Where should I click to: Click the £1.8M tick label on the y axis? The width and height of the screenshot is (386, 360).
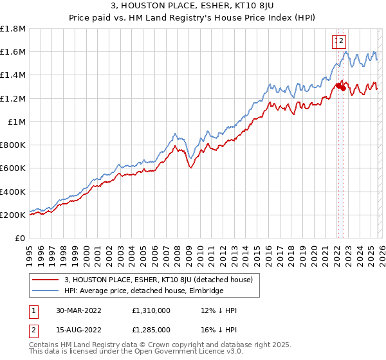(13, 29)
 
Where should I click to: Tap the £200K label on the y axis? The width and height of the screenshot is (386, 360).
(13, 215)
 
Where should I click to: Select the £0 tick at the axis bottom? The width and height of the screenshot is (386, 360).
(21, 239)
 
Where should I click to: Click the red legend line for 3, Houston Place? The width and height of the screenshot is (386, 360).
(45, 280)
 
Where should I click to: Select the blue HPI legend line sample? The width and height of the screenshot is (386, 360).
(45, 291)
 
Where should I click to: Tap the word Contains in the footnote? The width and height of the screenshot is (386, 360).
(44, 345)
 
